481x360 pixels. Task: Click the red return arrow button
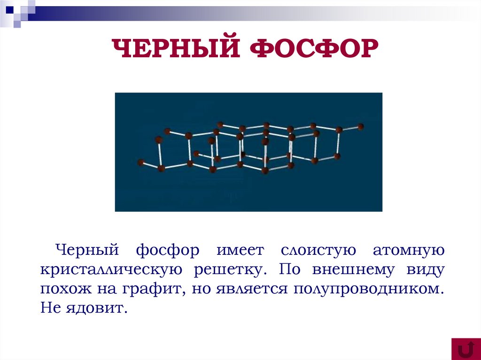465,349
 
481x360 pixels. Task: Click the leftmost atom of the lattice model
140,162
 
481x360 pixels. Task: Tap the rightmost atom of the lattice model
360,126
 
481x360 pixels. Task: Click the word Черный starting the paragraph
86,250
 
